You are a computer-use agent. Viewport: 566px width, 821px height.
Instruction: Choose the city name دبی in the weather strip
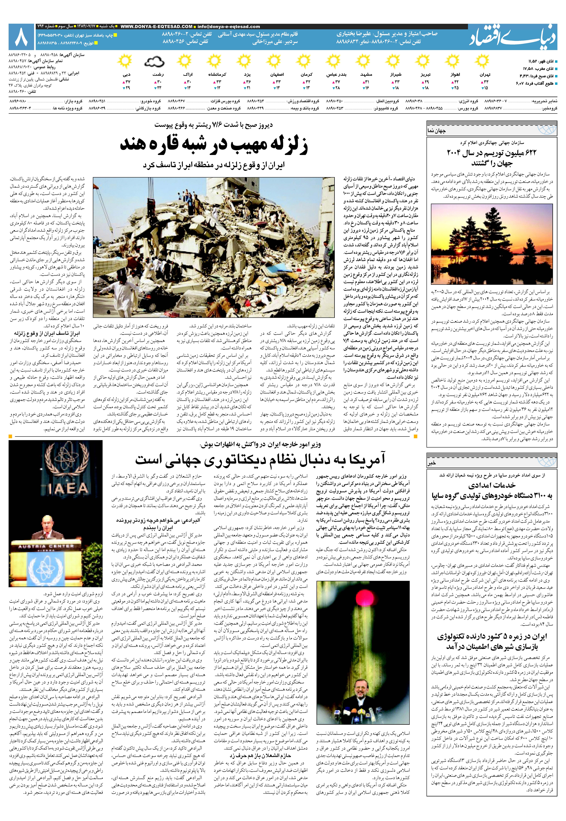[127, 75]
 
